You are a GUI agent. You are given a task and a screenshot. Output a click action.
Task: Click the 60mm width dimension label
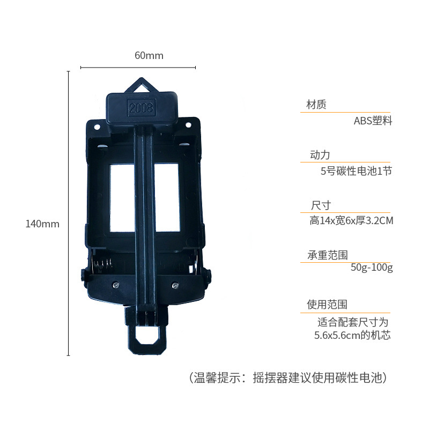coord(149,56)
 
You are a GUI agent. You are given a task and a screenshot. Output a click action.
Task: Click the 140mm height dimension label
coord(42,224)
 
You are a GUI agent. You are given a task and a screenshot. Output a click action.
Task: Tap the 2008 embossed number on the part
coord(141,108)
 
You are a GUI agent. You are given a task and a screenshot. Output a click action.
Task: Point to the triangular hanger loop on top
coord(142,86)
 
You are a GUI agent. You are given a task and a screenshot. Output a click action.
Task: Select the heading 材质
coord(316,105)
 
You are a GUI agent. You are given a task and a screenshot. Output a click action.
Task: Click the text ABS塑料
coord(373,121)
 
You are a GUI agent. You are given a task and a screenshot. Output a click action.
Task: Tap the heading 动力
coord(320,156)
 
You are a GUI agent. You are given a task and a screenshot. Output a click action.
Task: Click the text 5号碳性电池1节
coord(356,172)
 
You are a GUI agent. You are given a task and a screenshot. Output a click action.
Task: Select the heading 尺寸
coord(321,205)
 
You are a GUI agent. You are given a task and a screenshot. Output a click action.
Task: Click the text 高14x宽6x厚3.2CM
coord(351,220)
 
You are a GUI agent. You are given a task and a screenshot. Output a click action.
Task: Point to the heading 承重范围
coord(327,255)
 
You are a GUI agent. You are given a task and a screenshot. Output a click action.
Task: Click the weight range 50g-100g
coord(372,267)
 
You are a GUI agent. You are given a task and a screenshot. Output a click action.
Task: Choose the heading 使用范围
coord(327,305)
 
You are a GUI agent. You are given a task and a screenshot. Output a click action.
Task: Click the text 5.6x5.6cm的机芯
coord(352,336)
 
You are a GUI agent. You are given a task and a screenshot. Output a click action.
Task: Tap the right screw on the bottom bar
coord(174,285)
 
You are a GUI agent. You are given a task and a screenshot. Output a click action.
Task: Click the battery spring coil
coord(104,264)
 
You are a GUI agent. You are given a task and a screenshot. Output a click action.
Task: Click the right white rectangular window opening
coord(166,197)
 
